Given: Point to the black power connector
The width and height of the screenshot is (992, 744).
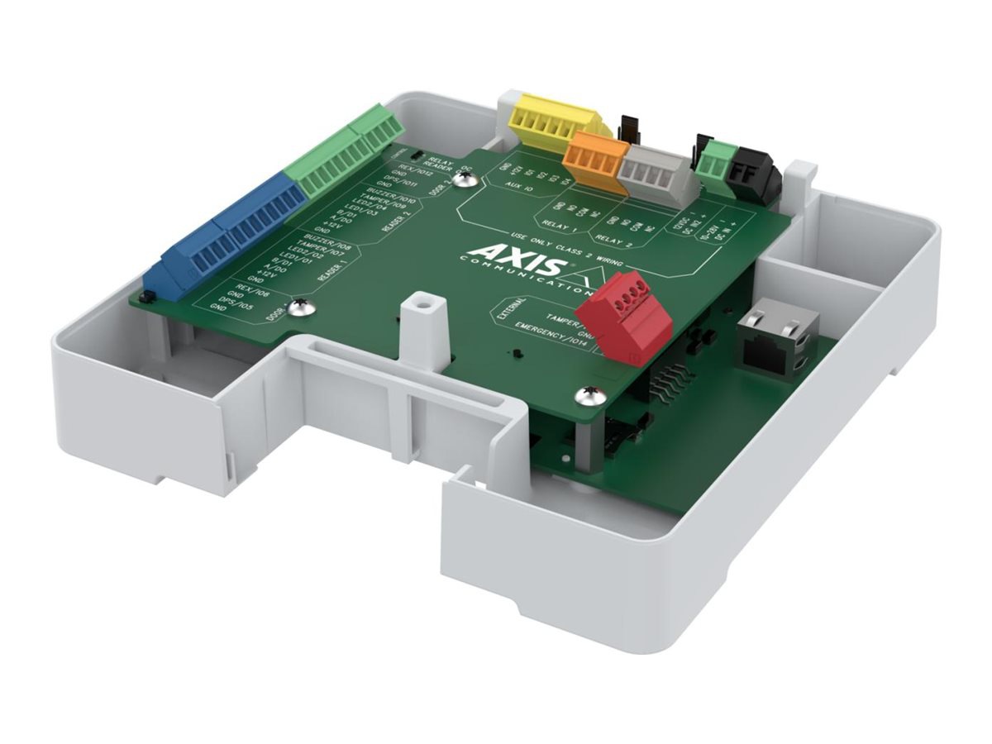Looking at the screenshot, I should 756,173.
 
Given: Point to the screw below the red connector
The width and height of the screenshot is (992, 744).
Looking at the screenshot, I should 590,396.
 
